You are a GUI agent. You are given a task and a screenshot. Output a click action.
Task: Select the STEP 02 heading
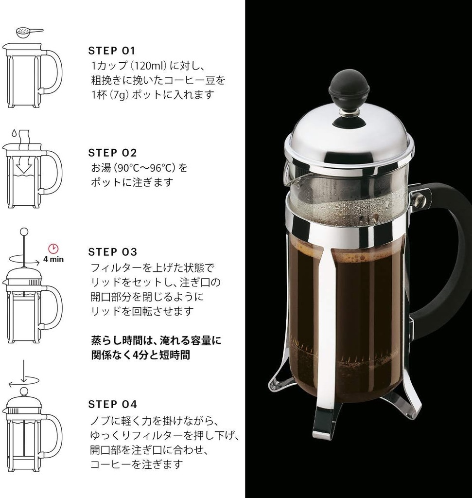112,153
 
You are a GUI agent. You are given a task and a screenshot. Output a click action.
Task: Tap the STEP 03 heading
113,252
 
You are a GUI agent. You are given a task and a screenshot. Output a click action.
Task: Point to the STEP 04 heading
113,404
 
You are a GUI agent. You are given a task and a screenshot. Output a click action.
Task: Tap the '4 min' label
53,259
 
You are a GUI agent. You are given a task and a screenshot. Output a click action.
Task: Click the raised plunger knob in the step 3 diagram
24,231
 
